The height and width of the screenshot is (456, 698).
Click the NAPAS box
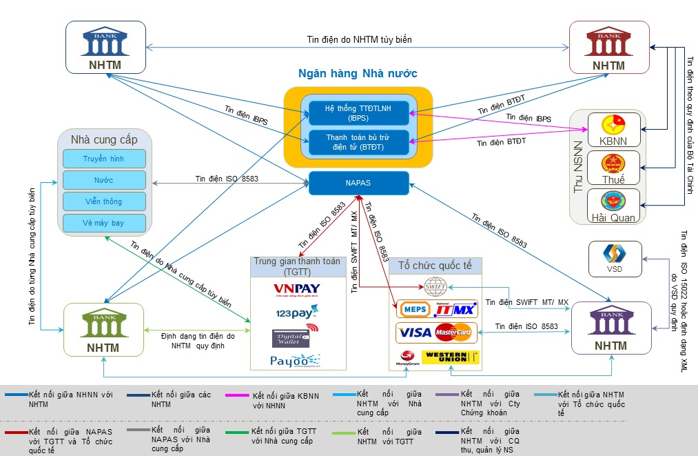tap(358, 183)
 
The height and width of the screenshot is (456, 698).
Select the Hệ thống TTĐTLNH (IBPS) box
tap(358, 113)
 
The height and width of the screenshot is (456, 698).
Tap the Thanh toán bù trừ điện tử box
tap(358, 142)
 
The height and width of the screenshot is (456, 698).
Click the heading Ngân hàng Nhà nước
tap(358, 74)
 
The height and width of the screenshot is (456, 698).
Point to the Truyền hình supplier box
tap(104, 159)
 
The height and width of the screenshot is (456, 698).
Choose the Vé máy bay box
tap(104, 224)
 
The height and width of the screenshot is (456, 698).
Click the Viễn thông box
tap(104, 201)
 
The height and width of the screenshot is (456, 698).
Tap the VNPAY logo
tap(296, 289)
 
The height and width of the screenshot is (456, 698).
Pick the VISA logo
tap(416, 333)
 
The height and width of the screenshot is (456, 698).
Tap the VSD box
tap(614, 259)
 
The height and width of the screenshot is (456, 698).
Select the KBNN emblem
tap(610, 125)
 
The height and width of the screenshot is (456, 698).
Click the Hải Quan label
tap(614, 217)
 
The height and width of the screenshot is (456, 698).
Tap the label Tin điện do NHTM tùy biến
tap(359, 39)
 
